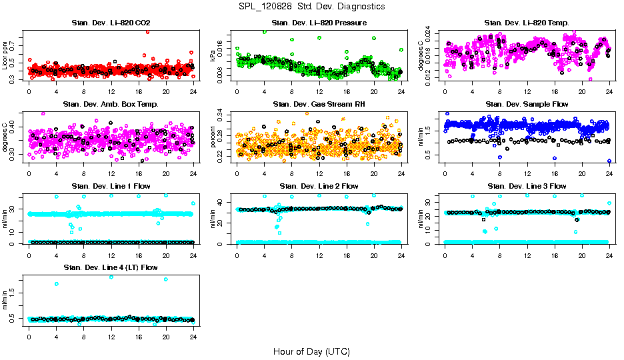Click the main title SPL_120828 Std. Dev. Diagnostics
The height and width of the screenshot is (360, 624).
(311, 6)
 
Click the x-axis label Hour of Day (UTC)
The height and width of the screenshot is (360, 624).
(311, 351)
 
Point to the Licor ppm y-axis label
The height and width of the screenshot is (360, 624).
(5, 55)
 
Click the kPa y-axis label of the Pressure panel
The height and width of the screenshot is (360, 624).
(213, 55)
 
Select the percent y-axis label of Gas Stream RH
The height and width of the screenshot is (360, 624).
(213, 137)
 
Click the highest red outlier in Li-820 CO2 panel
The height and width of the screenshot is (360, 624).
(147, 31)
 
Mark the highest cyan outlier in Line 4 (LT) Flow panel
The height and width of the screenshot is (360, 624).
(111, 277)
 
